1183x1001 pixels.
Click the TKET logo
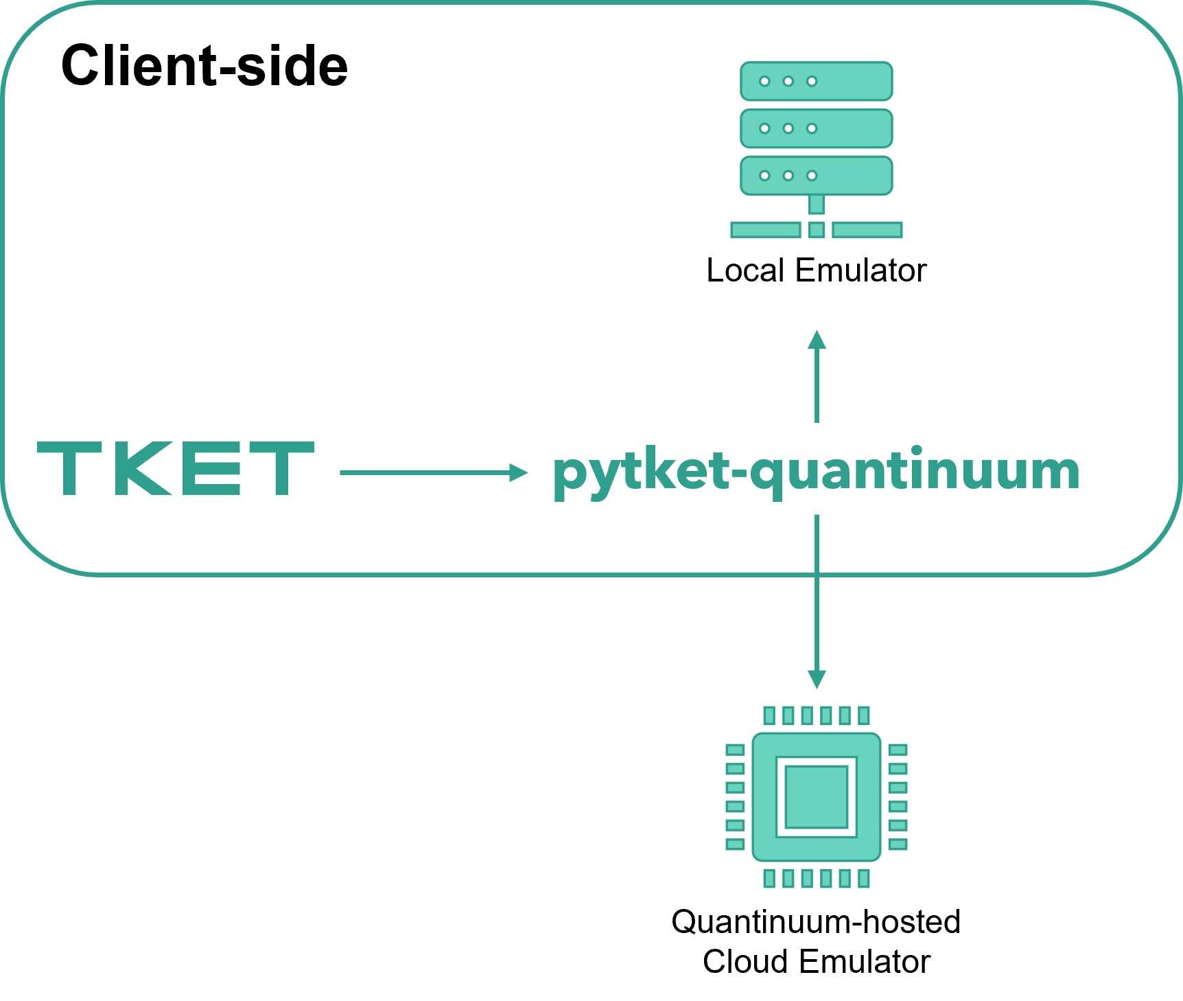pos(175,468)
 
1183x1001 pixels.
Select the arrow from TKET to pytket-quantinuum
pos(432,472)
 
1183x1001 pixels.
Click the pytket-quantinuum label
pos(816,472)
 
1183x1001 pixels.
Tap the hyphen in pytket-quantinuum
pos(738,474)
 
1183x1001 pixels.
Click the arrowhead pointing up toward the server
pos(817,340)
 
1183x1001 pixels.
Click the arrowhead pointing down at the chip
pos(817,679)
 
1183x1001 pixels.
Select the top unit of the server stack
pos(816,81)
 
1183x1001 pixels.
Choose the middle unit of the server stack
pos(816,128)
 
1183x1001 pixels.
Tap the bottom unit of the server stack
pos(816,175)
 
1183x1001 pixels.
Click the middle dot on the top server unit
pos(788,82)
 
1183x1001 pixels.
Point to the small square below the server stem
pos(817,230)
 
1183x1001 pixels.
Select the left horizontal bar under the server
pos(766,230)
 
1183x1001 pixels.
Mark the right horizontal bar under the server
pos(867,230)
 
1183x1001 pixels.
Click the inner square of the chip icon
pos(817,797)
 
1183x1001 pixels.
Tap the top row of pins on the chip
pos(817,716)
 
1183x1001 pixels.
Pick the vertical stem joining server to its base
pos(817,205)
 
